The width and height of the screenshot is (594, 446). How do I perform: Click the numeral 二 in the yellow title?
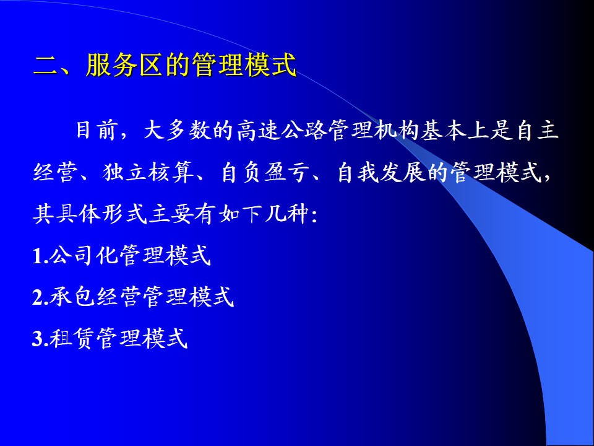(45, 66)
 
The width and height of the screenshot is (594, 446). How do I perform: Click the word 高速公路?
(281, 131)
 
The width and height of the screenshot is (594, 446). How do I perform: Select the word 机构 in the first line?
(395, 131)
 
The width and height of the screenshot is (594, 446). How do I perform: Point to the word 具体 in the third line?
(79, 214)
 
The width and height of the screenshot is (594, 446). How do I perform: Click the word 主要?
(171, 214)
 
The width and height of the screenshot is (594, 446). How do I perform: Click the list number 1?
(37, 256)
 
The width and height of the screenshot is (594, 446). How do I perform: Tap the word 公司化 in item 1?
(84, 255)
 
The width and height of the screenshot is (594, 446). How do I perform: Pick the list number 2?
(38, 297)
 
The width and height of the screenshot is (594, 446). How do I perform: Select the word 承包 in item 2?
(72, 296)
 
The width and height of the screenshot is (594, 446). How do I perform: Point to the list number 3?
(38, 338)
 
